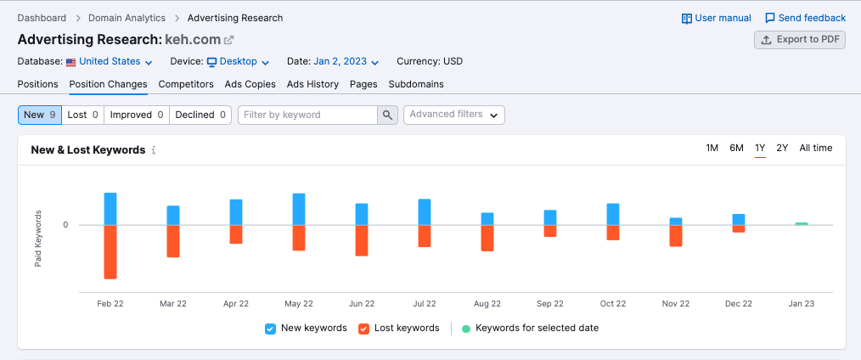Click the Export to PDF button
click(x=800, y=40)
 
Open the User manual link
click(x=717, y=18)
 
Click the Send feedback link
click(x=805, y=18)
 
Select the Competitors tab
click(x=186, y=84)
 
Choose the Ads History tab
click(x=312, y=84)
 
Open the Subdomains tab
click(x=416, y=84)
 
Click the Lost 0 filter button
click(x=83, y=115)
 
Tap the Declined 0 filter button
click(x=200, y=115)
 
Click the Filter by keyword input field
click(x=307, y=115)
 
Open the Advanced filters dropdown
click(x=453, y=115)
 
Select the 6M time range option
click(x=736, y=148)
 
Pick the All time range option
click(x=815, y=148)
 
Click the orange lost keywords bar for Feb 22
click(x=110, y=251)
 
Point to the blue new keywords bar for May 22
click(x=299, y=209)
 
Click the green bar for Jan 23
click(x=801, y=223)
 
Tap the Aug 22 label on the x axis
click(x=487, y=303)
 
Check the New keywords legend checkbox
click(x=270, y=329)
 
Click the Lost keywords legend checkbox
click(x=363, y=329)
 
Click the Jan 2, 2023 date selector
click(x=346, y=62)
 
